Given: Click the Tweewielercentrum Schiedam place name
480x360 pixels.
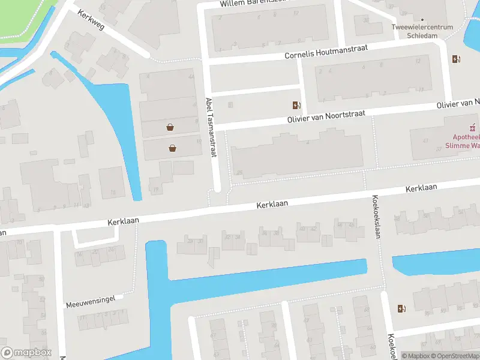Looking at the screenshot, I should tap(422, 31).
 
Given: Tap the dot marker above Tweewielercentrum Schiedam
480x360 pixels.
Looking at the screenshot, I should tap(422, 19).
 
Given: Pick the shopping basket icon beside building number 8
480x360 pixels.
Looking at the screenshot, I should tap(170, 127).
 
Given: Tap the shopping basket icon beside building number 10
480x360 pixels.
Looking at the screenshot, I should tap(173, 148).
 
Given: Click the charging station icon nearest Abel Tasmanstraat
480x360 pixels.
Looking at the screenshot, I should tap(296, 105).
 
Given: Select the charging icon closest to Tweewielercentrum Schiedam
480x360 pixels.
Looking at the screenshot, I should tap(456, 59).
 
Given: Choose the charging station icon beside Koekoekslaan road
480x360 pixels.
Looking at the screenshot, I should tap(401, 308).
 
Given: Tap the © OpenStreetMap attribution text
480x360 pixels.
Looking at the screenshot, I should tap(454, 356).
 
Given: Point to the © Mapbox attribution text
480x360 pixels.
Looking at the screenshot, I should tap(416, 356).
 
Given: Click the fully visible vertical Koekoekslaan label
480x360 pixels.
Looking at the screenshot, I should tap(377, 216).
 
